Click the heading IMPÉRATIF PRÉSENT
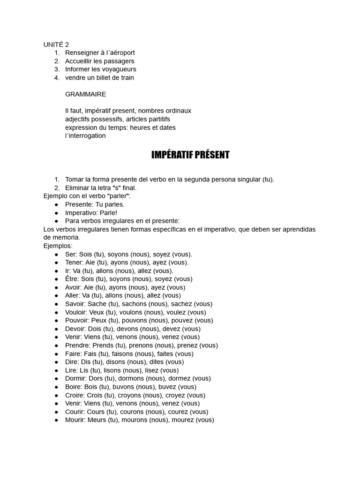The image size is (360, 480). (x=190, y=155)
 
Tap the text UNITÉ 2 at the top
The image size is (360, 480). (x=56, y=45)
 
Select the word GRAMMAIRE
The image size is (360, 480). (x=85, y=94)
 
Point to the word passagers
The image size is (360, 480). (x=119, y=61)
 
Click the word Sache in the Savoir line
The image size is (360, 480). (x=97, y=304)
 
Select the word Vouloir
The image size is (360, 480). (x=77, y=312)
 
